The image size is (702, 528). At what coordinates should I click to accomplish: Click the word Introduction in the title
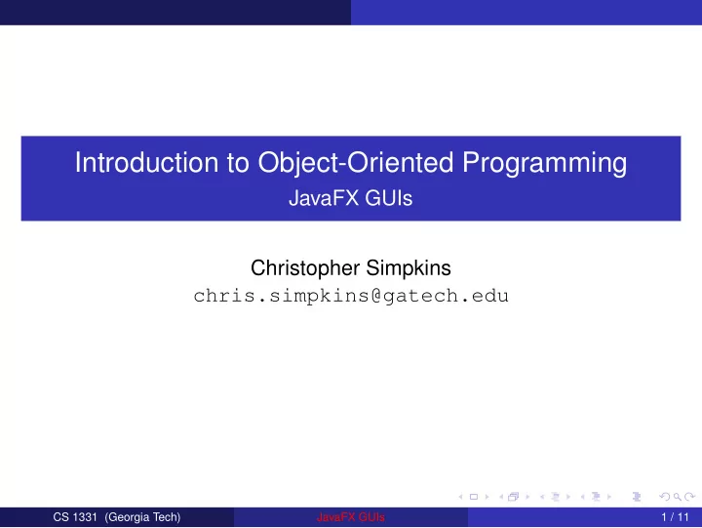146,162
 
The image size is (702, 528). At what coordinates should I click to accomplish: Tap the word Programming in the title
544,164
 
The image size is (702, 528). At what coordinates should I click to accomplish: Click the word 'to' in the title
238,163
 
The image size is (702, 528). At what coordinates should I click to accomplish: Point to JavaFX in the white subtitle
324,198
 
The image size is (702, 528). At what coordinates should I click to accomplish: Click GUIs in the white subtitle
389,198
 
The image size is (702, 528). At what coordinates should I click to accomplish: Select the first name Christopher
305,268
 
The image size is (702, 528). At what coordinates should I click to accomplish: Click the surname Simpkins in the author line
409,268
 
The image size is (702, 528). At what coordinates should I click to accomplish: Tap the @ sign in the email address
376,296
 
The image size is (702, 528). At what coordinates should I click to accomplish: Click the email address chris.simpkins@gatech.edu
351,297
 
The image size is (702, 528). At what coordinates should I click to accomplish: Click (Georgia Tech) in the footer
142,517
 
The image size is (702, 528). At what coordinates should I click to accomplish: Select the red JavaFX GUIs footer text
351,517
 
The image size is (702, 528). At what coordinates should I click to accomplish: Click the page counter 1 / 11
675,517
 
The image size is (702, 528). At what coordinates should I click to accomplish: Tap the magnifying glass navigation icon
678,497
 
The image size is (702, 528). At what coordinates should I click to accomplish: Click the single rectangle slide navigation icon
474,497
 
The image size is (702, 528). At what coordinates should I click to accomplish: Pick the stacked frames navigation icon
514,496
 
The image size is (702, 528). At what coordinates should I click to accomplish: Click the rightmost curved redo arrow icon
690,497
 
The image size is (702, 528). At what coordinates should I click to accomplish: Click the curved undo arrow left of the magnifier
665,497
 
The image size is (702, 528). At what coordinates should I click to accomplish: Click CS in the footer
60,517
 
